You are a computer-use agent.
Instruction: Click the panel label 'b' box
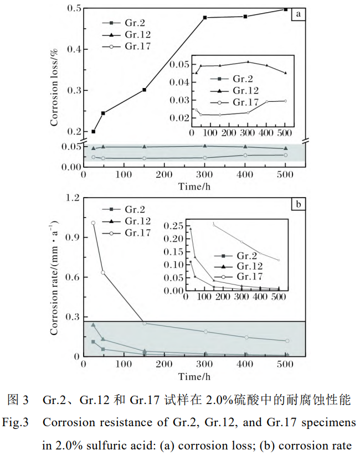pos(298,205)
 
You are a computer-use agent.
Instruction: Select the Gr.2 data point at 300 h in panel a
pos(205,18)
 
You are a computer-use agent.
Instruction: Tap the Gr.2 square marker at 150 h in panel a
pos(145,90)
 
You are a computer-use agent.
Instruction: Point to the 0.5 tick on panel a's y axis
pos(73,9)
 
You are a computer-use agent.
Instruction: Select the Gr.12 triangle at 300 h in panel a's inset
pos(248,62)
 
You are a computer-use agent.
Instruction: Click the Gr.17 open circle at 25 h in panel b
pos(93,223)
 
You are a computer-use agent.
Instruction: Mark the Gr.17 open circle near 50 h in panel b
pos(103,273)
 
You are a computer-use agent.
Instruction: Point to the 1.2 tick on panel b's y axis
pos(73,198)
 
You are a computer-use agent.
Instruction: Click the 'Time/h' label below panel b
pos(194,376)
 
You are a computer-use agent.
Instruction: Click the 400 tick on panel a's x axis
pos(245,174)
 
